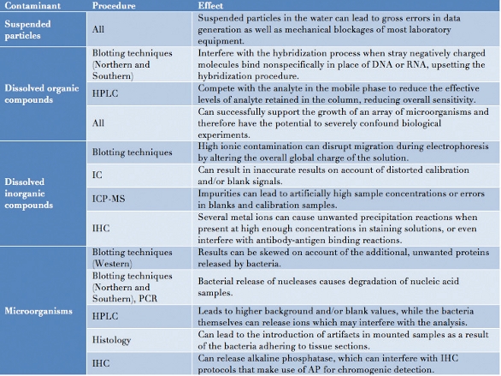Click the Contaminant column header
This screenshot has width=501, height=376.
35,6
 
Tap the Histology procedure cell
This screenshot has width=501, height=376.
115,340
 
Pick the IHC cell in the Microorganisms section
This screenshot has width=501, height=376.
102,363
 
